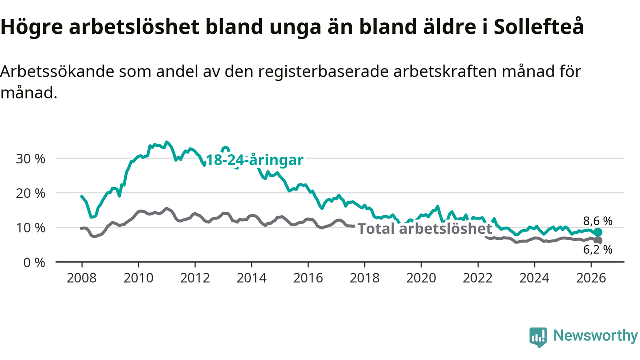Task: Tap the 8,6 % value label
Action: tap(598, 221)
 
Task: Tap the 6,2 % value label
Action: tap(598, 250)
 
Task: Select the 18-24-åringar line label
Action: tap(255, 160)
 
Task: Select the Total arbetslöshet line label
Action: tap(425, 229)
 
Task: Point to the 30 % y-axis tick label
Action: tap(30, 159)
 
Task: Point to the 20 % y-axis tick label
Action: tap(30, 193)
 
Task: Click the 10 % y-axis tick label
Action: tap(30, 228)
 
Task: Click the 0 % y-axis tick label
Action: tap(34, 263)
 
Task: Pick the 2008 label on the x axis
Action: tap(82, 278)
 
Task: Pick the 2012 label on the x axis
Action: tap(195, 278)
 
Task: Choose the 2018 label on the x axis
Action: tap(365, 278)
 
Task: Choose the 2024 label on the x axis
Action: tap(534, 278)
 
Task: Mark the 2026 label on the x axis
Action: tap(591, 278)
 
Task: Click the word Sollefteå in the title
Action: tap(539, 26)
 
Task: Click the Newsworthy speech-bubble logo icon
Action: tap(538, 337)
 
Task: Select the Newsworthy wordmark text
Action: tap(595, 335)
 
